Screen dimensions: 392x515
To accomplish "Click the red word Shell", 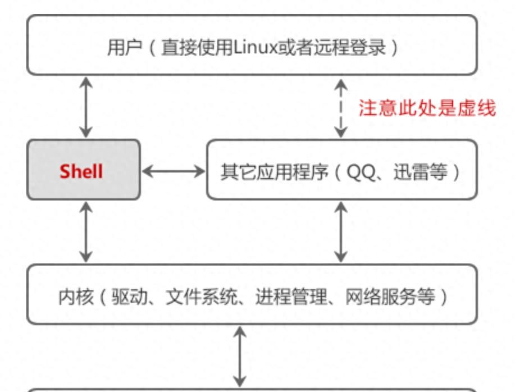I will (81, 171).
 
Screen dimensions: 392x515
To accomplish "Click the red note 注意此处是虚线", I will (427, 108).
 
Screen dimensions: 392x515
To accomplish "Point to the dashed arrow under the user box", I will (340, 108).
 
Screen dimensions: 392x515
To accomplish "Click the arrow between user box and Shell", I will (85, 107).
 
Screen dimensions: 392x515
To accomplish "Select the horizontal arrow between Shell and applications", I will (174, 171).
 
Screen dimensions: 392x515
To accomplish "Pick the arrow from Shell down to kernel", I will (85, 231).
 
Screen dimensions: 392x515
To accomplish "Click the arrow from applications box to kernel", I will (340, 231).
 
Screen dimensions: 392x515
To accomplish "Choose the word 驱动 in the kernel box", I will (127, 296).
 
